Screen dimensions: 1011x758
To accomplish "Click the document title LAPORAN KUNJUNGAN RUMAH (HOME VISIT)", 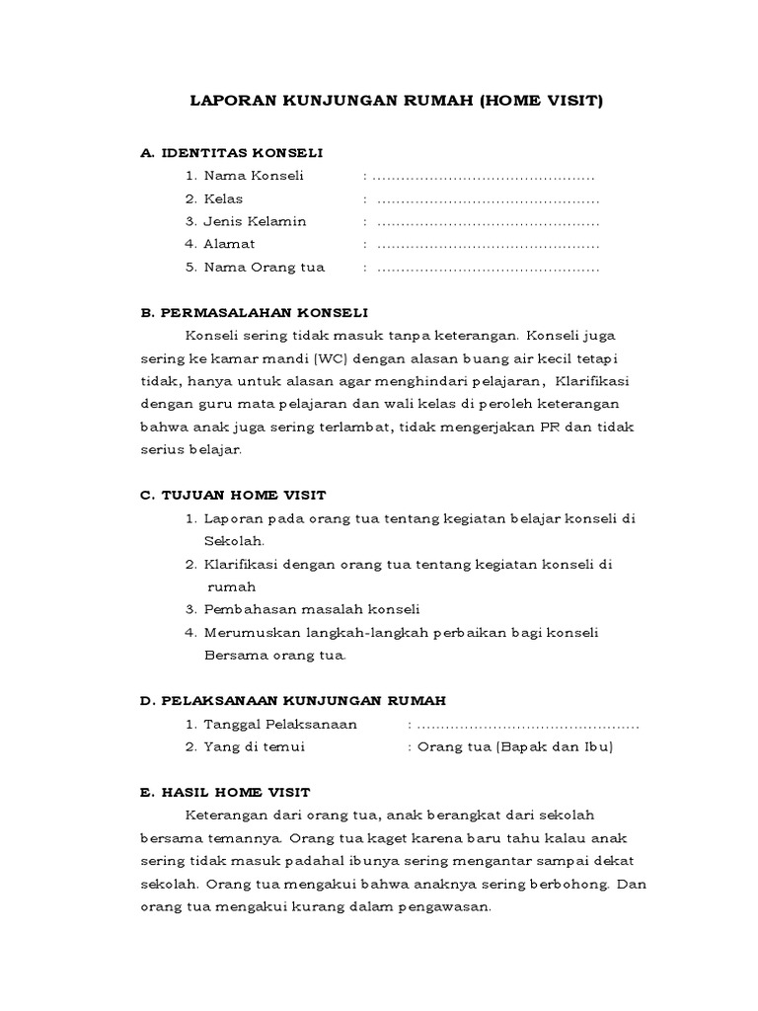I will pyautogui.click(x=395, y=101).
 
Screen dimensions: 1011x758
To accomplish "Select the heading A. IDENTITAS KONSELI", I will pyautogui.click(x=232, y=153).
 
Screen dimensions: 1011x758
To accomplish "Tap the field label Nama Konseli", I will pyautogui.click(x=254, y=176).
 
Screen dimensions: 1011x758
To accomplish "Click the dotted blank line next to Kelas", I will pyautogui.click(x=488, y=199).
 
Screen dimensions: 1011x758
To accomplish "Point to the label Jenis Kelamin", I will pyautogui.click(x=255, y=221).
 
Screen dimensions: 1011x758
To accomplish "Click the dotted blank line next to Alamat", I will pyautogui.click(x=488, y=245).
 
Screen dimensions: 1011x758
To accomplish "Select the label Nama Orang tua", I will pyautogui.click(x=264, y=267).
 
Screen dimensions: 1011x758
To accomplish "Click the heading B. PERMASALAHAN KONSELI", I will pyautogui.click(x=254, y=312).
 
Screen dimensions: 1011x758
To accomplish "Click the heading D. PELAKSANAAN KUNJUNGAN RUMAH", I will pyautogui.click(x=293, y=701).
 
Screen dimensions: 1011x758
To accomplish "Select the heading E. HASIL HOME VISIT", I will pyautogui.click(x=226, y=792).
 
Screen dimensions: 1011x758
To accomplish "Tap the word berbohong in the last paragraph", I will pyautogui.click(x=574, y=884).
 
